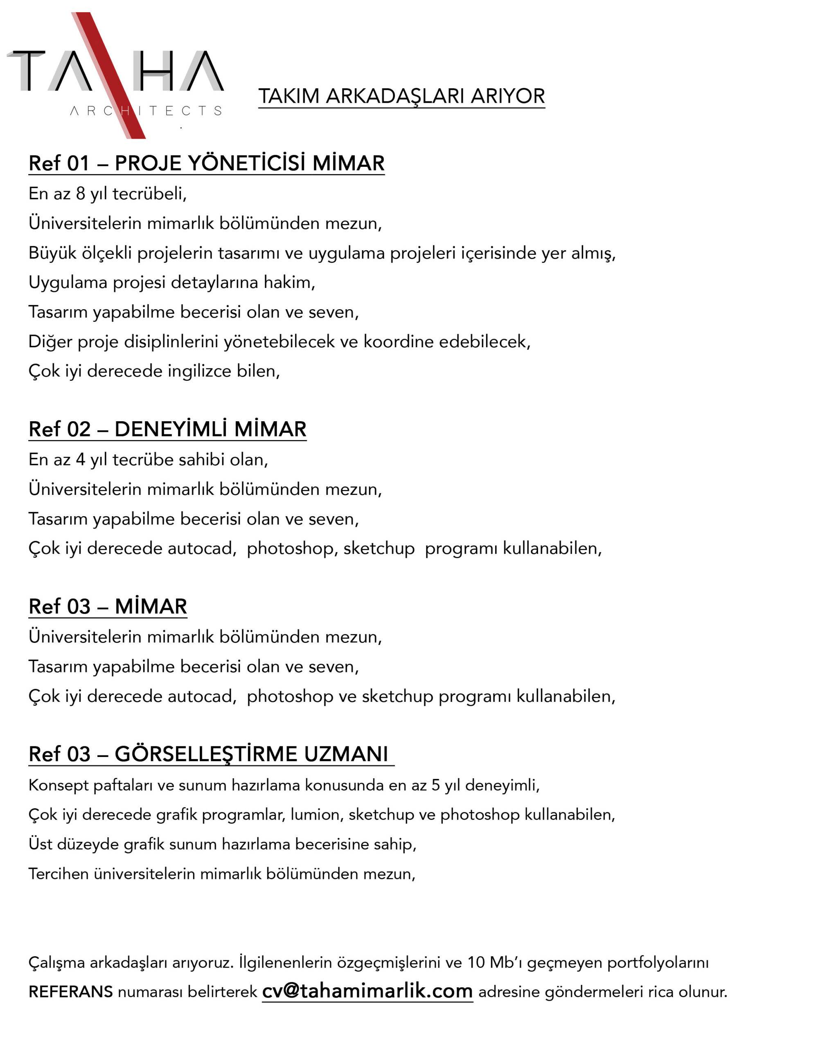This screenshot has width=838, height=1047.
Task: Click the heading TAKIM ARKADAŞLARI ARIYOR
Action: pyautogui.click(x=401, y=96)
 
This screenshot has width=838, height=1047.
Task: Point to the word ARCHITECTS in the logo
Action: pyautogui.click(x=146, y=111)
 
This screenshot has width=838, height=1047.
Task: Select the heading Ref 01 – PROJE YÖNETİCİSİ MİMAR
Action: pyautogui.click(x=207, y=163)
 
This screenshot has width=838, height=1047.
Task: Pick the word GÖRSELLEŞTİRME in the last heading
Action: pyautogui.click(x=202, y=754)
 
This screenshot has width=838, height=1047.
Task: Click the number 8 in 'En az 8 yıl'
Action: pyautogui.click(x=81, y=194)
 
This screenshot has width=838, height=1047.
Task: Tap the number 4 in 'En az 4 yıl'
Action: pyautogui.click(x=81, y=459)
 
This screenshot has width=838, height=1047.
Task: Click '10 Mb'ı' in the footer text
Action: pyautogui.click(x=495, y=962)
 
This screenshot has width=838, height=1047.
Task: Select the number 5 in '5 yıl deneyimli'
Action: pyautogui.click(x=436, y=785)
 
